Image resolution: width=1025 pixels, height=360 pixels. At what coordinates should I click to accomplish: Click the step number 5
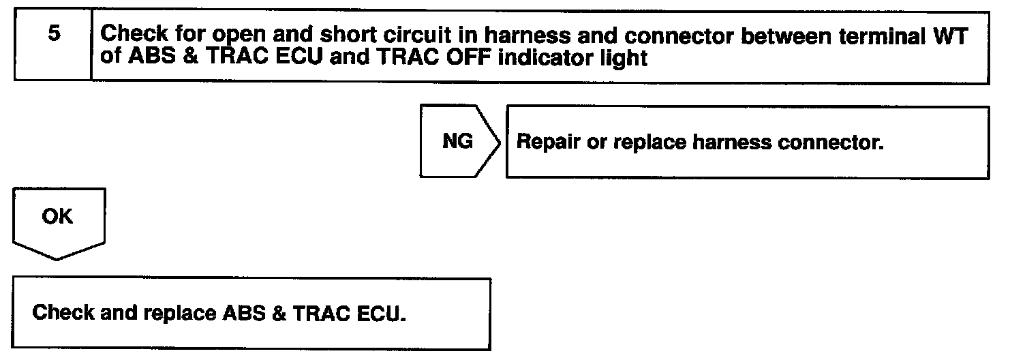(54, 34)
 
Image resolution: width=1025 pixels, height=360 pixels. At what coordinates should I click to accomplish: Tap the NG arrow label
(457, 142)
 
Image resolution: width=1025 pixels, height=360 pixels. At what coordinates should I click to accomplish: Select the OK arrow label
(57, 216)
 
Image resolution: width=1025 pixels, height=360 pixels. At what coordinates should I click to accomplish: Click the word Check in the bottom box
(63, 313)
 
